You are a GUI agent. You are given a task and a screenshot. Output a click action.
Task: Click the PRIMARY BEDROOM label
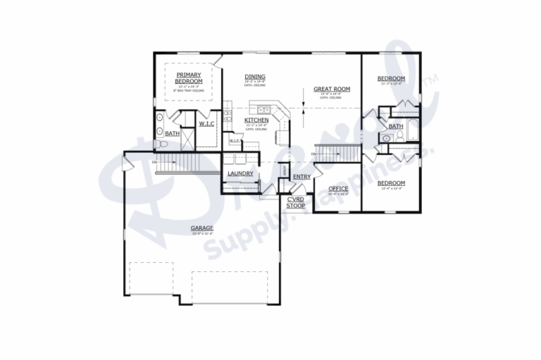pyautogui.click(x=189, y=78)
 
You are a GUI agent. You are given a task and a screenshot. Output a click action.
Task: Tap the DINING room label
pyautogui.click(x=254, y=77)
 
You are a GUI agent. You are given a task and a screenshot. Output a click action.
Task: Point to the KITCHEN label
pyautogui.click(x=256, y=120)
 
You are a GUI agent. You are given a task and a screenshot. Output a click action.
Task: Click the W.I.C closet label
pyautogui.click(x=206, y=124)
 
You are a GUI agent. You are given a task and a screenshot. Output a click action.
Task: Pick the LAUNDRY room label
pyautogui.click(x=240, y=173)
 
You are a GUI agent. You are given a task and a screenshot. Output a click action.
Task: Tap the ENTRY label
pyautogui.click(x=301, y=176)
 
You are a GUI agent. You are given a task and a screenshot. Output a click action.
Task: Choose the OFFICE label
pyautogui.click(x=338, y=188)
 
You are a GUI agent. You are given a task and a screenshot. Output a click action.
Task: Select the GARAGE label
pyautogui.click(x=202, y=228)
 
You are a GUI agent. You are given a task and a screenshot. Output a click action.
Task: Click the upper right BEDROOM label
pyautogui.click(x=390, y=78)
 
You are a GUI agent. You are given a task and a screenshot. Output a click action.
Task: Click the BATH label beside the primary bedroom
pyautogui.click(x=172, y=132)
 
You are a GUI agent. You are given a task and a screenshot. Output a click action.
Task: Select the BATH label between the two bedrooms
pyautogui.click(x=395, y=126)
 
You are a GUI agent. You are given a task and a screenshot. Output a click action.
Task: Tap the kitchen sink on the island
pyautogui.click(x=264, y=109)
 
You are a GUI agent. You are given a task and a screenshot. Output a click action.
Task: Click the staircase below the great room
pyautogui.click(x=337, y=153)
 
